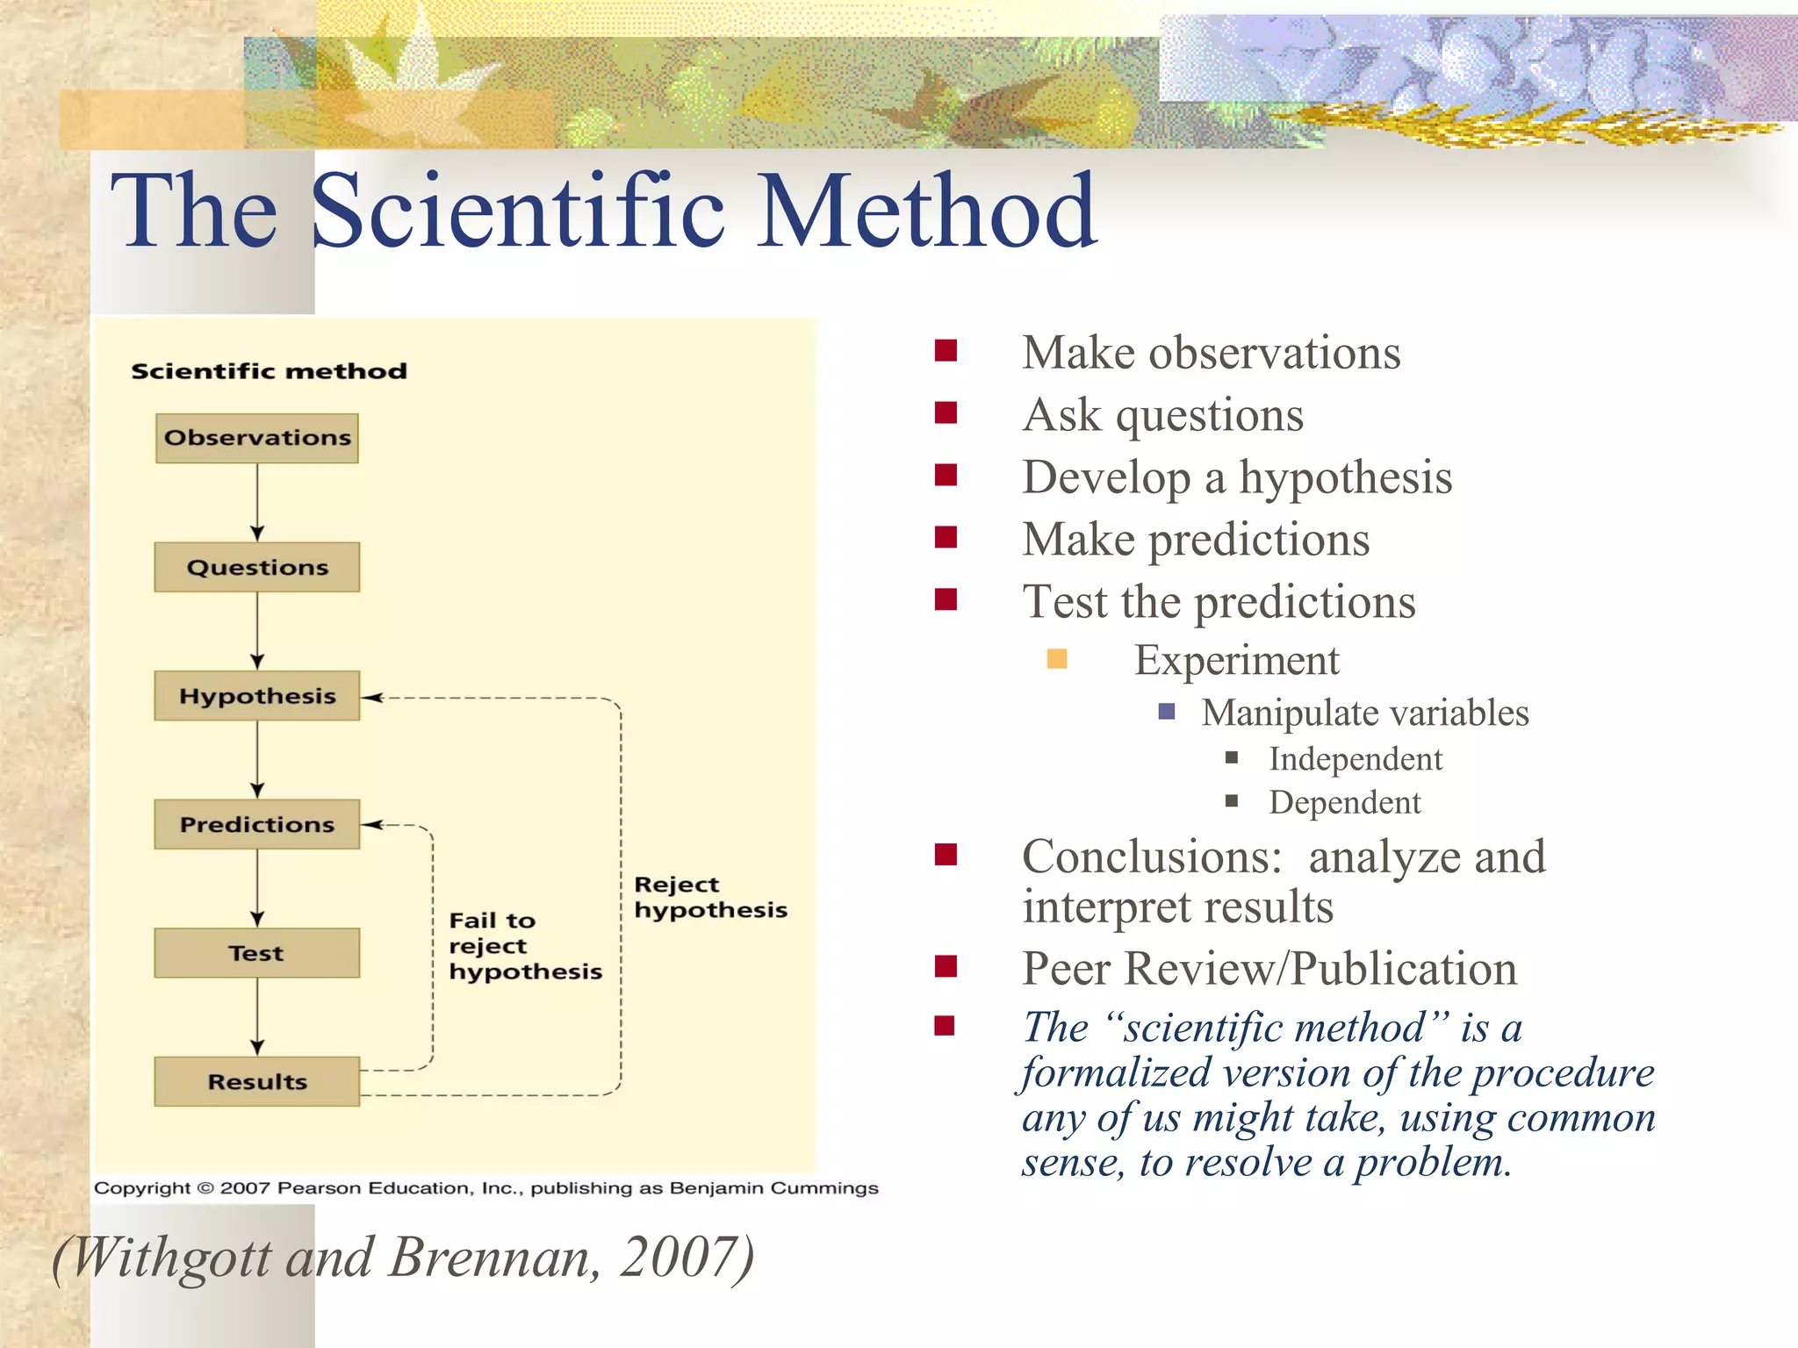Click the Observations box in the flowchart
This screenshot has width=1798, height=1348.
tap(256, 438)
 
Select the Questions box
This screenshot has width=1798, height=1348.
tap(256, 567)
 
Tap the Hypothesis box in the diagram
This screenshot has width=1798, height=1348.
tap(256, 696)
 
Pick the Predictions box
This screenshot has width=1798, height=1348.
tap(256, 824)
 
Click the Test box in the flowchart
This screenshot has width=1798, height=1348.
tap(256, 953)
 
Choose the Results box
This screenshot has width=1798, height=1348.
tap(256, 1081)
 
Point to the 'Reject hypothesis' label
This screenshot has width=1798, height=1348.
tap(709, 897)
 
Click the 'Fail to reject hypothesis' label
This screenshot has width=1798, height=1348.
tap(524, 946)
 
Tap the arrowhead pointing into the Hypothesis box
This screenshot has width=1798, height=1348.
tap(372, 698)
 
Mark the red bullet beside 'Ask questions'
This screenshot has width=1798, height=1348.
tap(946, 413)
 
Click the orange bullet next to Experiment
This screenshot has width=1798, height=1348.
tap(1057, 659)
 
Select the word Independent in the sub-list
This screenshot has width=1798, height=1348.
tap(1355, 759)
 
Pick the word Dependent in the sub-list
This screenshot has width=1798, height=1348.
tap(1344, 802)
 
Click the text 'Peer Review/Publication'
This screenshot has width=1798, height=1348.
tap(1269, 969)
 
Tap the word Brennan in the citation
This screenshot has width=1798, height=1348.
tap(494, 1258)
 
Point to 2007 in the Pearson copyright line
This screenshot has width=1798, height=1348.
tap(245, 1188)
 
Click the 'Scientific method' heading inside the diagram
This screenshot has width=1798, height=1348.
tap(269, 371)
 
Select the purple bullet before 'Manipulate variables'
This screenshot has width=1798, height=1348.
tap(1167, 711)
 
